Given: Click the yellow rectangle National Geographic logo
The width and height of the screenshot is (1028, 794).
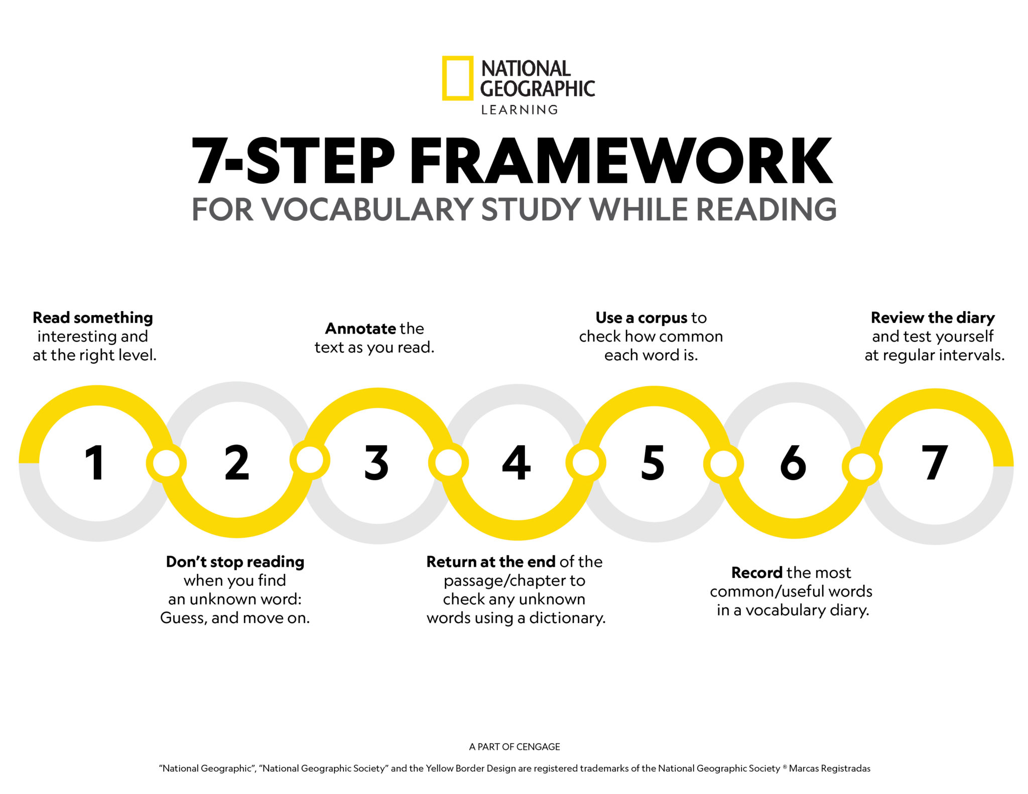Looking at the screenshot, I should point(457,78).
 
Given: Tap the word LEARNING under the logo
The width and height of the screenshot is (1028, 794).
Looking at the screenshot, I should point(520,110).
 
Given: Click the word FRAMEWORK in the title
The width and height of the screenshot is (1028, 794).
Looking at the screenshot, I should point(621,161).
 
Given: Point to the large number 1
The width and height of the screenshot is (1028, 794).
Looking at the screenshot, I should point(95,462).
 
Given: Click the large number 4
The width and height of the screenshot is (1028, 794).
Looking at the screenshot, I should point(517,462).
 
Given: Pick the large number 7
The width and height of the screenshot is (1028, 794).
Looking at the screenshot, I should point(935,462).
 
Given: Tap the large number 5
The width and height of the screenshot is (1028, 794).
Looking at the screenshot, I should point(653,462).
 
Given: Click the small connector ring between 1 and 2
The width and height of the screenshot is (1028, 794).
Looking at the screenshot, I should point(166,463).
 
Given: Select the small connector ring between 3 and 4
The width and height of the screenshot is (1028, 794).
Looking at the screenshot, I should point(448,462).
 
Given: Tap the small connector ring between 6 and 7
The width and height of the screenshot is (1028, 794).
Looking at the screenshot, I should point(862,466).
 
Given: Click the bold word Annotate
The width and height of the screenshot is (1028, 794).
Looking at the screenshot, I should point(360,329).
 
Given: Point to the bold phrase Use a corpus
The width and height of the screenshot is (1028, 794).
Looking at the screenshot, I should point(641,318).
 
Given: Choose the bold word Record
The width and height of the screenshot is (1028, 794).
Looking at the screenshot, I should point(757,572).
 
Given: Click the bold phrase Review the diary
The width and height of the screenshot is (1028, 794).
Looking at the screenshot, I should point(933,318).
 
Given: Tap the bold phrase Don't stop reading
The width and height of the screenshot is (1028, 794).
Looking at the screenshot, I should point(235,562).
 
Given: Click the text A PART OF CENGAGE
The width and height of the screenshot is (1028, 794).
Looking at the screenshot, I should point(515,747).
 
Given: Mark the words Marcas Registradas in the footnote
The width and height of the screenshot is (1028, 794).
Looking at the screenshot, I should point(829,768).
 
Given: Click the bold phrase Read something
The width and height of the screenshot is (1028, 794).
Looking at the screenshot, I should point(93,318).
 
